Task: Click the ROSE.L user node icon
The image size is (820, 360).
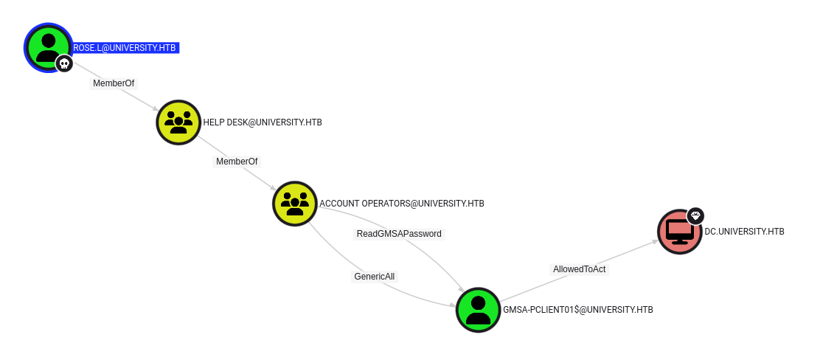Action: pyautogui.click(x=47, y=46)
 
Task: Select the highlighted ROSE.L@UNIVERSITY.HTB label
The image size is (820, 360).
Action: pyautogui.click(x=125, y=48)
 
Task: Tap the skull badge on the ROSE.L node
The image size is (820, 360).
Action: pyautogui.click(x=64, y=64)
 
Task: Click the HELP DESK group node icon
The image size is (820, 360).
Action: pyautogui.click(x=178, y=122)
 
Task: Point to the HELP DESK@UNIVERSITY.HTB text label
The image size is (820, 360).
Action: pyautogui.click(x=262, y=122)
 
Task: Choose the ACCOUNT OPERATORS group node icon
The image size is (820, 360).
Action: pyautogui.click(x=294, y=203)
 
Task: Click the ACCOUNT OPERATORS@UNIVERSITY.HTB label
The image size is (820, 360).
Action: pyautogui.click(x=401, y=203)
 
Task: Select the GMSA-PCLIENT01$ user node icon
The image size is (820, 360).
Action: pyautogui.click(x=478, y=310)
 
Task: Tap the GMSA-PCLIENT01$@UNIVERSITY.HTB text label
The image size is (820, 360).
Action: pyautogui.click(x=577, y=310)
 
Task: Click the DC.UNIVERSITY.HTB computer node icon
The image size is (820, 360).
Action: pyautogui.click(x=679, y=232)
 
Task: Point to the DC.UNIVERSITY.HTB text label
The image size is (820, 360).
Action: pyautogui.click(x=744, y=232)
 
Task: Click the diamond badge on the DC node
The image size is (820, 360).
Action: pyautogui.click(x=695, y=215)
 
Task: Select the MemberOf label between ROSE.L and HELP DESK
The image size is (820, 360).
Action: pyautogui.click(x=114, y=83)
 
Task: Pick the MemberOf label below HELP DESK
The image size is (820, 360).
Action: pyautogui.click(x=237, y=161)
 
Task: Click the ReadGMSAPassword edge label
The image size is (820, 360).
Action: pyautogui.click(x=399, y=234)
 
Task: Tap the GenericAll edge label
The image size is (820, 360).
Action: pyautogui.click(x=374, y=277)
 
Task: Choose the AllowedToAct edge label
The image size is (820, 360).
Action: pyautogui.click(x=579, y=269)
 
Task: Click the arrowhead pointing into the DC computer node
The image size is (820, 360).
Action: pyautogui.click(x=653, y=241)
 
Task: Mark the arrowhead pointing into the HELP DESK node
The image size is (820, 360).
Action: pyautogui.click(x=155, y=109)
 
